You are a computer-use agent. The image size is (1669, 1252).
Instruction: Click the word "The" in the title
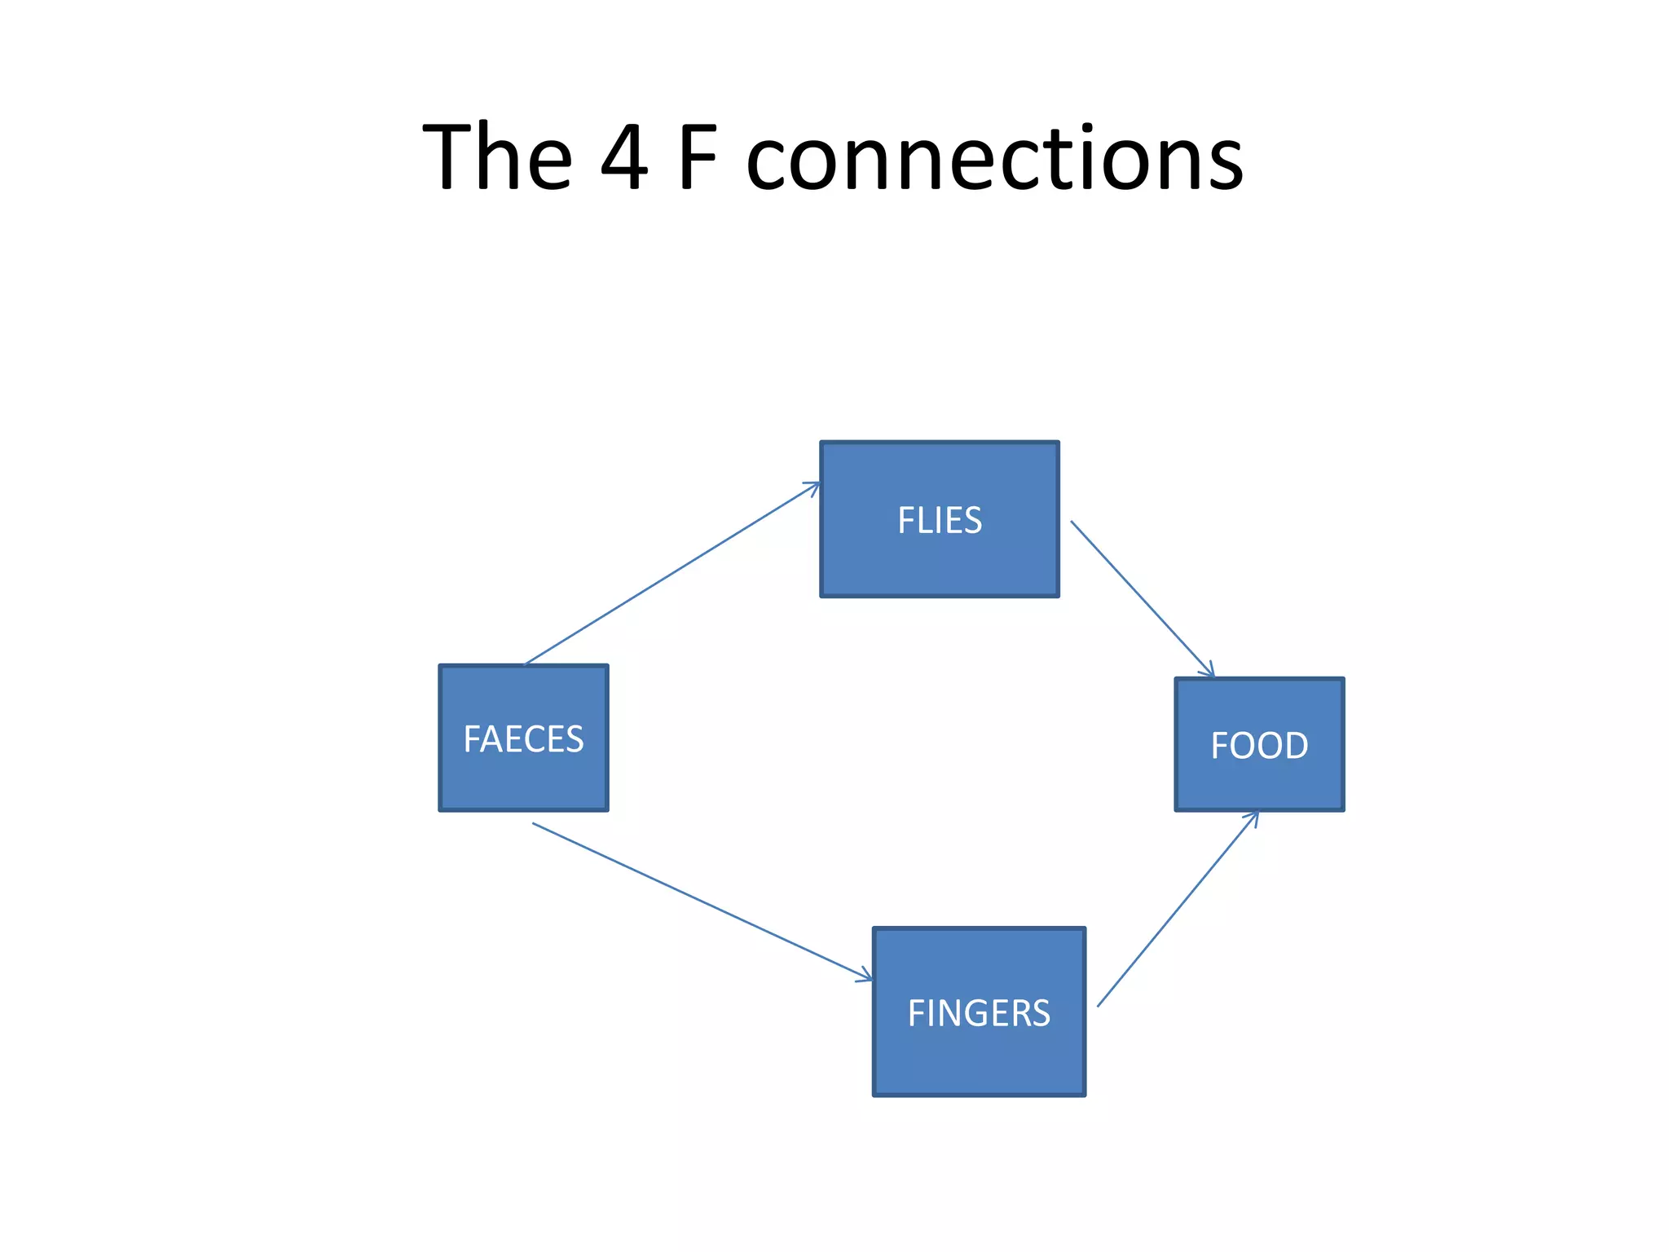[497, 156]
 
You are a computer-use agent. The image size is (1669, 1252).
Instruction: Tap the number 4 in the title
[624, 156]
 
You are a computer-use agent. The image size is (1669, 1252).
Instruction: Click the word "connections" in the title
[994, 159]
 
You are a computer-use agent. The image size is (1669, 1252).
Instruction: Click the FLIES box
[939, 562]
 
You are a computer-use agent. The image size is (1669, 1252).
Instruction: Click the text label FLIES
[940, 520]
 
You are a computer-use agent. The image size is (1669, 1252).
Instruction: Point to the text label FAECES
[523, 739]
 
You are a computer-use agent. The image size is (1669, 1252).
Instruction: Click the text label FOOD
[1259, 745]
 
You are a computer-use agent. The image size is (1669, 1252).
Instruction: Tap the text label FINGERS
[979, 1013]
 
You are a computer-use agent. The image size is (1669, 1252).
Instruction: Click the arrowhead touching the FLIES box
[813, 487]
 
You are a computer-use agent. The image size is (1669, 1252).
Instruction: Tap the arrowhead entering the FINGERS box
[865, 976]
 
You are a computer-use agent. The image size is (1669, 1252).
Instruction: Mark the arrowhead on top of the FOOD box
[1209, 671]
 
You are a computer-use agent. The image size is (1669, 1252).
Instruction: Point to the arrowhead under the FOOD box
[1254, 817]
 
